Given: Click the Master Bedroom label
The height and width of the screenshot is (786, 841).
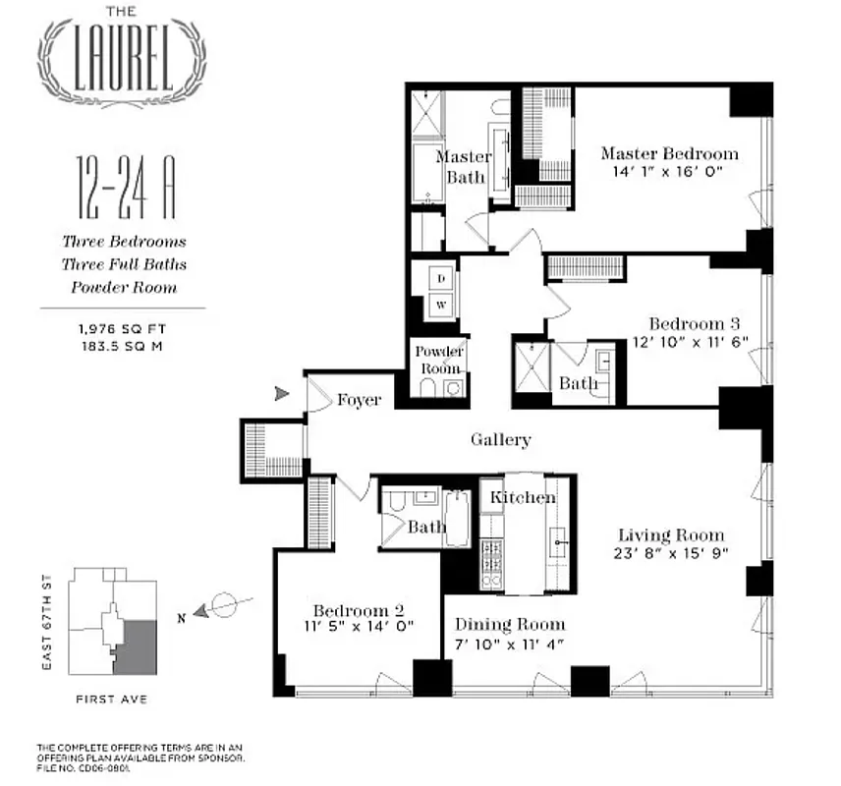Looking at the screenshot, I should [x=669, y=153].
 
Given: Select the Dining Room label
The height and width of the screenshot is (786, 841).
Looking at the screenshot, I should [x=510, y=624].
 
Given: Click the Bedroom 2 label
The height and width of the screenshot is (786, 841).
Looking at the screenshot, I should [x=355, y=607].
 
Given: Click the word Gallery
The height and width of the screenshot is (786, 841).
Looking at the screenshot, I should [x=501, y=440].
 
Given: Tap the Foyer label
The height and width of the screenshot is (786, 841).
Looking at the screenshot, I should [x=359, y=400].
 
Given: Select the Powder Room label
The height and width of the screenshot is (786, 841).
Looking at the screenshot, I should [x=439, y=360].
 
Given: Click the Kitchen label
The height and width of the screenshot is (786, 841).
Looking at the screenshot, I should [x=523, y=497].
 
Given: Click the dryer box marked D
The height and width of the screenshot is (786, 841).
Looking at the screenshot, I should [x=441, y=279].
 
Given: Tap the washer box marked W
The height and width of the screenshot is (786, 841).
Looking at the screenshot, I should [x=441, y=305].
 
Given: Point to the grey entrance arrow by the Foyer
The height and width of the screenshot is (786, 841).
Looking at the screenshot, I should [x=282, y=394].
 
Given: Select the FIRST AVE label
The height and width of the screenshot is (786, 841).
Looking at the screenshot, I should [x=111, y=702].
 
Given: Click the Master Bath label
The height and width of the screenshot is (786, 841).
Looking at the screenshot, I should [x=465, y=166].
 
